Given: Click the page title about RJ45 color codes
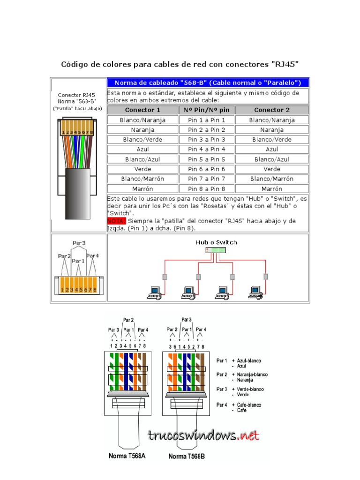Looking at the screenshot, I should (x=180, y=64).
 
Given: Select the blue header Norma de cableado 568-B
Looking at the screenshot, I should (x=208, y=83).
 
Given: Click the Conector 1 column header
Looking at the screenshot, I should (x=142, y=110).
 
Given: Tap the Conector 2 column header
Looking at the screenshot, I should (x=272, y=110).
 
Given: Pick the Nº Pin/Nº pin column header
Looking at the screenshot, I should (x=206, y=110).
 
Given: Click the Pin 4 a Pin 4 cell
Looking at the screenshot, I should (x=206, y=150).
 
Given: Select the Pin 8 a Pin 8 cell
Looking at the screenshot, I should (x=206, y=189).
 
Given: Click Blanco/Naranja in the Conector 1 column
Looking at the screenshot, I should (x=142, y=120).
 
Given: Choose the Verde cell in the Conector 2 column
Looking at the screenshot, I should (x=272, y=169).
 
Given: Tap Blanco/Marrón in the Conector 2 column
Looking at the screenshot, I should (x=272, y=179).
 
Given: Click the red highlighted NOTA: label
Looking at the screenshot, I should (x=116, y=221).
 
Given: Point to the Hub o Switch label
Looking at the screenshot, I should (x=216, y=242).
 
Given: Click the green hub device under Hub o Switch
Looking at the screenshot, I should (x=216, y=250).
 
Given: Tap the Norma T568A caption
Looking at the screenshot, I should (x=127, y=456).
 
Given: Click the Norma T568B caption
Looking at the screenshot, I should (x=187, y=456).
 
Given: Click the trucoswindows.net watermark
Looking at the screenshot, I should (x=204, y=435).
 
